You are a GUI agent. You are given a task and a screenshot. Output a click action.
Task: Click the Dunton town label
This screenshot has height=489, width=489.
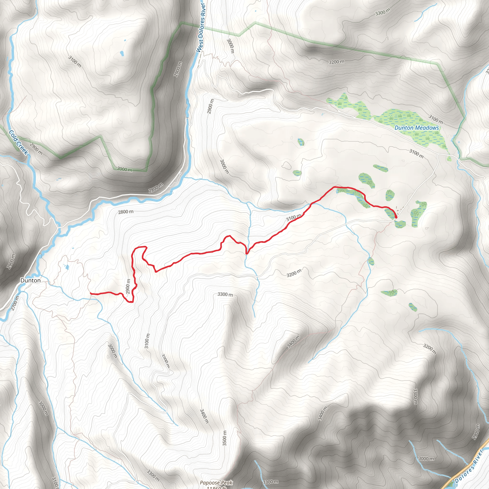pyautogui.click(x=30, y=281)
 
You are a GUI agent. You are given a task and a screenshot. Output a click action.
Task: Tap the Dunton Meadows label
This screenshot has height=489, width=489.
pyautogui.click(x=417, y=128)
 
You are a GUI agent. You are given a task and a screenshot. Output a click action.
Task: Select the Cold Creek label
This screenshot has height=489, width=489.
pyautogui.click(x=18, y=142)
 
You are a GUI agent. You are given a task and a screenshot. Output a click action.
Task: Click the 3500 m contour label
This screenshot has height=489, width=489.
pyautogui.click(x=224, y=438)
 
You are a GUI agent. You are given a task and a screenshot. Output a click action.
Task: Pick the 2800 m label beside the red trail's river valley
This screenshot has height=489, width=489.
pyautogui.click(x=126, y=212)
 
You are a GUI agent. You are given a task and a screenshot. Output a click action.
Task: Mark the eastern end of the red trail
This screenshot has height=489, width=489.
pyautogui.click(x=396, y=217)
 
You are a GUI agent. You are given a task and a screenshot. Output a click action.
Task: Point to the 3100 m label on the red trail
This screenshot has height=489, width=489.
pyautogui.click(x=294, y=218)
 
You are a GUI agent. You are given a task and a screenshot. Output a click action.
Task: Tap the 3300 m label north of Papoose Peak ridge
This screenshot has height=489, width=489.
pyautogui.click(x=225, y=294)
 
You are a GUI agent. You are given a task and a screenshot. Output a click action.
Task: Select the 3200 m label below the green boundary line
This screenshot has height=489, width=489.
pyautogui.click(x=336, y=62)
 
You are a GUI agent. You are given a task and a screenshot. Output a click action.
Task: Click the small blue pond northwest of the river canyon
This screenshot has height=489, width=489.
pyautogui.click(x=122, y=54)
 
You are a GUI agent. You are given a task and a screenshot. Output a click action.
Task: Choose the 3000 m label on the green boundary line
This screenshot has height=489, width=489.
pyautogui.click(x=125, y=169)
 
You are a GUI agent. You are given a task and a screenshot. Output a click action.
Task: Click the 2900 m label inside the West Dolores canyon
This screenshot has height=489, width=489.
pyautogui.click(x=178, y=69)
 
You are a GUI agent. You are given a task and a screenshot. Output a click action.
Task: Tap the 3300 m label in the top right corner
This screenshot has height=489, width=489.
pyautogui.click(x=383, y=12)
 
